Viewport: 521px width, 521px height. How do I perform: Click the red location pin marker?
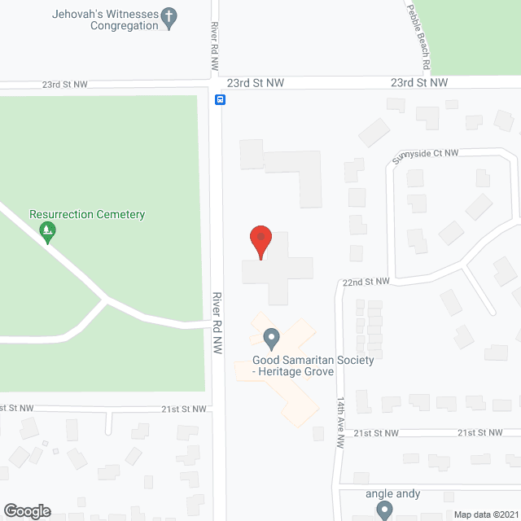tap(260, 241)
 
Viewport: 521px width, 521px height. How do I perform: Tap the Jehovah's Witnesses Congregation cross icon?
tap(169, 19)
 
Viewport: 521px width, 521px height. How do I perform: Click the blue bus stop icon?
tap(220, 99)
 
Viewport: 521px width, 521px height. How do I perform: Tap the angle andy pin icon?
tap(384, 510)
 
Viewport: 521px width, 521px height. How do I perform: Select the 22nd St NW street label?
tap(366, 282)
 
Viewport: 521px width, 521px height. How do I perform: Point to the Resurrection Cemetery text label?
tap(87, 215)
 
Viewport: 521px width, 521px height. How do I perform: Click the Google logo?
tap(26, 510)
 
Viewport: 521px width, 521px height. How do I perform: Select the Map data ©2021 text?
tap(485, 514)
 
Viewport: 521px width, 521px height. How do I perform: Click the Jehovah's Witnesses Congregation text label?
tap(91, 19)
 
